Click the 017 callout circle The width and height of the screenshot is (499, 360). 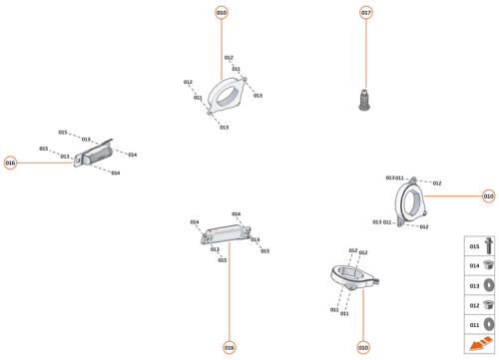[x=366, y=12]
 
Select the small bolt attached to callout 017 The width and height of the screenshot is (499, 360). [x=365, y=100]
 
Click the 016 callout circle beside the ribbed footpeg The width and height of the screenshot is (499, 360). [x=10, y=163]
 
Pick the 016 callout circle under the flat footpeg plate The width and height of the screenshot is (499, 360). [x=229, y=347]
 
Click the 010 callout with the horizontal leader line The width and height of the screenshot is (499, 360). [x=488, y=196]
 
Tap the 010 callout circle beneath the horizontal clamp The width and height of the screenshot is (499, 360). [x=362, y=347]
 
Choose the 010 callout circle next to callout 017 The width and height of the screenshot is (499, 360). [x=222, y=12]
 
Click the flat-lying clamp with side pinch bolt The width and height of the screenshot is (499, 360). [x=353, y=276]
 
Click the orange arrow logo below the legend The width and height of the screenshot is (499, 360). [x=479, y=344]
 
